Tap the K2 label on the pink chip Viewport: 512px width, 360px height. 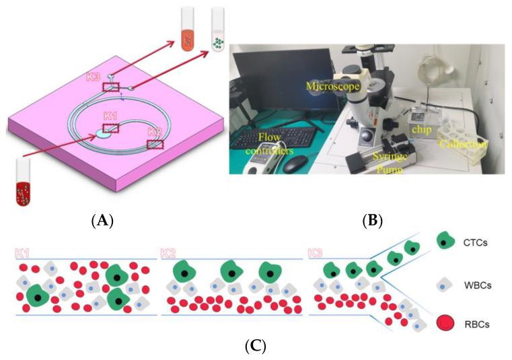click(155, 130)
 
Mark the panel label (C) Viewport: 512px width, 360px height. click(256, 347)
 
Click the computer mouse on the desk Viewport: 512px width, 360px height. click(294, 166)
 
